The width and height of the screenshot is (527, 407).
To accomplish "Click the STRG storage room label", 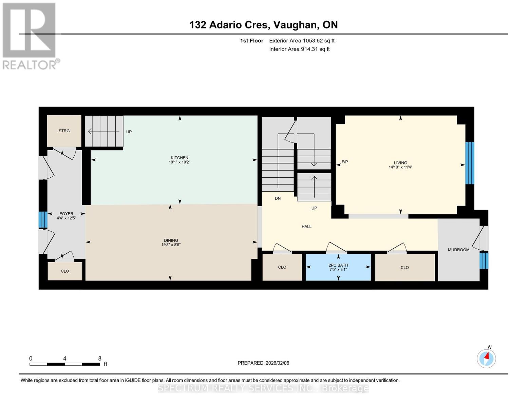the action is click(x=64, y=131).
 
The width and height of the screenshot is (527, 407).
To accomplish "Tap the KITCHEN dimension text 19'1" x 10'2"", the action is click(x=180, y=162).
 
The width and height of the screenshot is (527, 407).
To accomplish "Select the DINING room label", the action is click(x=171, y=240).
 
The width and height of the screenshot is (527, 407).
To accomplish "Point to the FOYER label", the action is click(x=66, y=214).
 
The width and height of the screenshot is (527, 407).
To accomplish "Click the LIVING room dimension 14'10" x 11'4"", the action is click(x=400, y=167).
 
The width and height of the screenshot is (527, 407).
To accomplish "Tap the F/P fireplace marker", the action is click(x=345, y=162).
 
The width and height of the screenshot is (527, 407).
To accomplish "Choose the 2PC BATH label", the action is click(x=338, y=265).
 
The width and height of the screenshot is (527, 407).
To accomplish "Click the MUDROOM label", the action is click(x=458, y=250).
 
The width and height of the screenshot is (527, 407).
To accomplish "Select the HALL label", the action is click(x=306, y=227).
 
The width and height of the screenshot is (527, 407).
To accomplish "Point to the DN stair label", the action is click(x=278, y=198).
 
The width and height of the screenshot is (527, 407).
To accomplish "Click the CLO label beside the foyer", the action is click(x=65, y=271).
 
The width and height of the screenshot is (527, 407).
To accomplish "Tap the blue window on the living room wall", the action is click(x=470, y=163).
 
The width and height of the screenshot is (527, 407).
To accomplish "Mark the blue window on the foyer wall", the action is click(x=43, y=220).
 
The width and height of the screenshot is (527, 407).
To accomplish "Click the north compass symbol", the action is click(x=486, y=358).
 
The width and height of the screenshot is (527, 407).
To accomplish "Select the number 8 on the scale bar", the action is click(x=100, y=358).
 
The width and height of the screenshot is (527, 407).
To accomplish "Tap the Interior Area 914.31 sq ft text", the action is click(x=299, y=49).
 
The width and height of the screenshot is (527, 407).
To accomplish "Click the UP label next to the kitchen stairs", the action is click(x=129, y=132).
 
